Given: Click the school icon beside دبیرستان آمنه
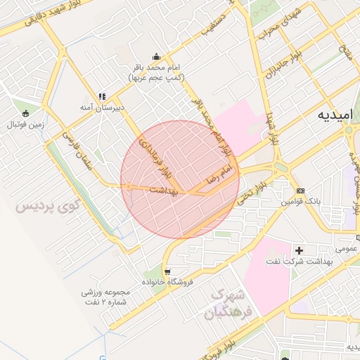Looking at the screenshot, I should pyautogui.click(x=103, y=96).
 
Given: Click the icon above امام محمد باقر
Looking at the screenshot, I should pyautogui.click(x=155, y=57).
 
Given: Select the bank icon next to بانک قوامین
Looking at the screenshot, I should pyautogui.click(x=300, y=191).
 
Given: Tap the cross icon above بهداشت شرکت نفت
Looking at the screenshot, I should pyautogui.click(x=300, y=250).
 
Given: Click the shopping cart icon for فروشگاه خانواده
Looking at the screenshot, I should pyautogui.click(x=167, y=271).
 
